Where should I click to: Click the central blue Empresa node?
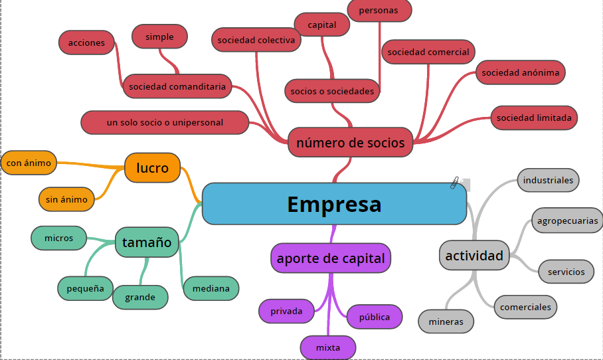tap(334, 204)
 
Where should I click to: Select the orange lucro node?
tap(153, 168)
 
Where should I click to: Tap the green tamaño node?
tap(147, 242)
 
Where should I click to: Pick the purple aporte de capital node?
tap(331, 258)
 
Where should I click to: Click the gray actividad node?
tap(474, 256)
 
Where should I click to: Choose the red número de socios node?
tap(351, 143)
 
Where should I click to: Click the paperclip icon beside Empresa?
tap(456, 183)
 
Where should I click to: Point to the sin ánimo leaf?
tap(66, 199)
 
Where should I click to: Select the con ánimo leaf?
tap(28, 162)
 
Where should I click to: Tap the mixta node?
tap(328, 347)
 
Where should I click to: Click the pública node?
tap(375, 317)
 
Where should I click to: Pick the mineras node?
tap(446, 321)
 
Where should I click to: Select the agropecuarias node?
tap(567, 221)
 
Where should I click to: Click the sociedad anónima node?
tap(521, 73)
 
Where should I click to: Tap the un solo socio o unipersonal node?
tap(165, 123)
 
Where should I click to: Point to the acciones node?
tap(86, 43)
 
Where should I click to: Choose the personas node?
tap(379, 11)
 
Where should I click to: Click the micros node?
tap(59, 238)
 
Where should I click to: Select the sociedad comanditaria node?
tap(177, 86)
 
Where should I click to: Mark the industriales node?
tap(548, 180)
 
